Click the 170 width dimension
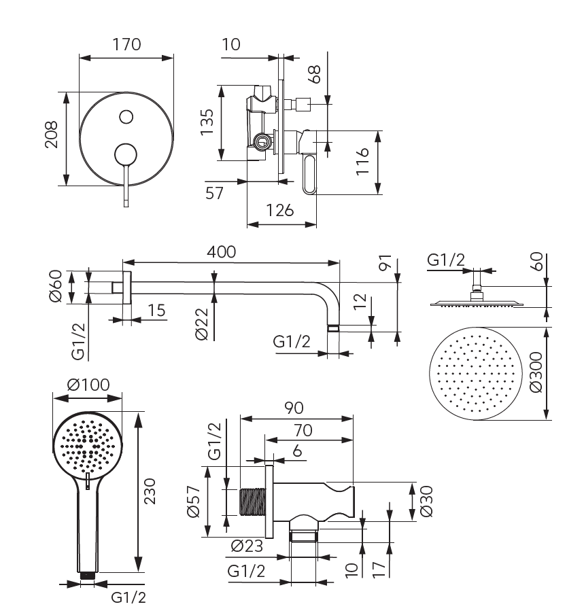pyautogui.click(x=126, y=45)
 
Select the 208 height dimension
pyautogui.click(x=52, y=139)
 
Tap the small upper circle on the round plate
pyautogui.click(x=126, y=117)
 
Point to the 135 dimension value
pyautogui.click(x=208, y=122)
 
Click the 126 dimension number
pyautogui.click(x=280, y=211)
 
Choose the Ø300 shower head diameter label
pyautogui.click(x=536, y=372)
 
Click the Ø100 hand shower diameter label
pyautogui.click(x=88, y=385)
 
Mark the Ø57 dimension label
pyautogui.click(x=194, y=501)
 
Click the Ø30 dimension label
pyautogui.click(x=427, y=502)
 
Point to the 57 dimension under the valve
pyautogui.click(x=215, y=194)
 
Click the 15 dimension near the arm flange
pyautogui.click(x=156, y=310)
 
